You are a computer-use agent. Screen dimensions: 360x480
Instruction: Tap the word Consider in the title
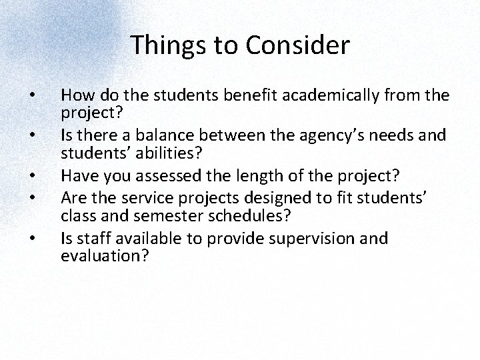297,45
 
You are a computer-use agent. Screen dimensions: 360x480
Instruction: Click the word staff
87,239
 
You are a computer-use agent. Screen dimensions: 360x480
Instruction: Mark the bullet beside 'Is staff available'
33,239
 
